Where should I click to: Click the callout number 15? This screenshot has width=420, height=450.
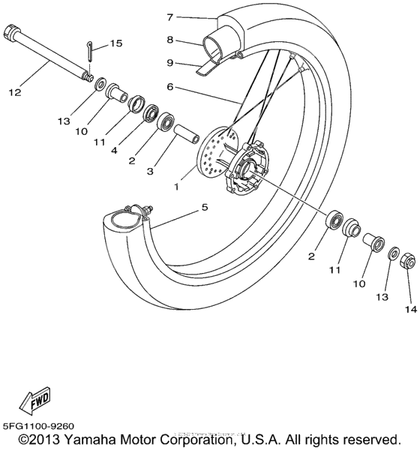point(116,43)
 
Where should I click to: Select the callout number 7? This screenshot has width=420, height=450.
point(170,16)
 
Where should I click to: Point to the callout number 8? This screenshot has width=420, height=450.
point(170,40)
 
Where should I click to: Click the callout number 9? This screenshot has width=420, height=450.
point(170,63)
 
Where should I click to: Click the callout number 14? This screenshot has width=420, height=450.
point(409,307)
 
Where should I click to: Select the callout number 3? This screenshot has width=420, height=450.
point(150,172)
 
